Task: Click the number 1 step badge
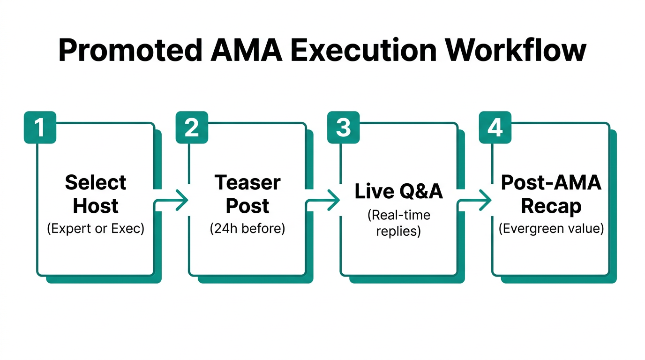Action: click(40, 127)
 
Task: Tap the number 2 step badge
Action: click(192, 127)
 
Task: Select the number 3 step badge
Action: click(344, 127)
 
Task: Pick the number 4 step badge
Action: click(495, 127)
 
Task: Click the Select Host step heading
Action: click(96, 194)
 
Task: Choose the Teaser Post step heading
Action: click(247, 194)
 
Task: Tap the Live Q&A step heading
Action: click(399, 191)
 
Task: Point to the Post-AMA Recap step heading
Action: click(551, 194)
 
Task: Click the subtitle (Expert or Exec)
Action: click(96, 230)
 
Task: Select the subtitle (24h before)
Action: click(247, 230)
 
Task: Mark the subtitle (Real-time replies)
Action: click(399, 223)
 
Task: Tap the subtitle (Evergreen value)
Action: click(551, 229)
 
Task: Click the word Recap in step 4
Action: click(551, 206)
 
